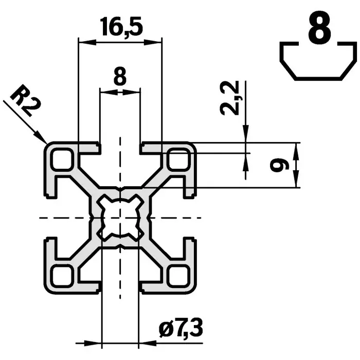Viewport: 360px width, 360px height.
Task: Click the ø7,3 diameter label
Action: (181, 328)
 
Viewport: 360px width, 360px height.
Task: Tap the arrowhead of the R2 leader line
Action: (43, 139)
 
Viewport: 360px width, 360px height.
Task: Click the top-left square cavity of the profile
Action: (62, 160)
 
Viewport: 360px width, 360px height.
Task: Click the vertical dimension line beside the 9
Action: (296, 166)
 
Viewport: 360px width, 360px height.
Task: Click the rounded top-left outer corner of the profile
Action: (49, 147)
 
